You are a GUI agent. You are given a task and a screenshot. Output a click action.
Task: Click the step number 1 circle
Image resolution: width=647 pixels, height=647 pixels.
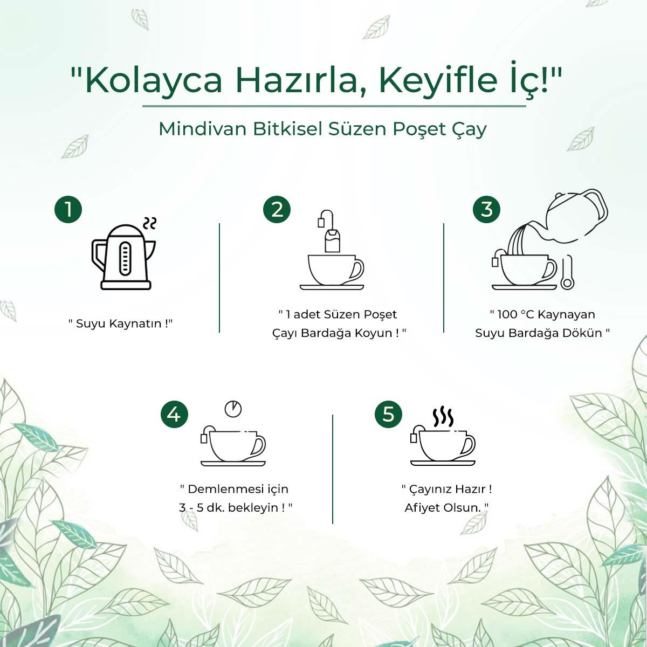68,209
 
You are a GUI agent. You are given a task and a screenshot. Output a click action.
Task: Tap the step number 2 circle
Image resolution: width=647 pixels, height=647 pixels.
277,209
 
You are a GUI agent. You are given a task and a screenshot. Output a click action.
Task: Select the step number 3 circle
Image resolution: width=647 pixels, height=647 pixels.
486,209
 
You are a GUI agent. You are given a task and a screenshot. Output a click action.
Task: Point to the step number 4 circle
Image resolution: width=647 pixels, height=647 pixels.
174,415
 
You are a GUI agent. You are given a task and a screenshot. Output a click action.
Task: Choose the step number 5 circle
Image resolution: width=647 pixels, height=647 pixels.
388,415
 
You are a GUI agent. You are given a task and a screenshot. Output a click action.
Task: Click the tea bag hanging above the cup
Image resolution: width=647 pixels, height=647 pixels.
332,240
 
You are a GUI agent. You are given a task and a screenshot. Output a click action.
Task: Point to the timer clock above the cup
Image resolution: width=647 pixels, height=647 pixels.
233,408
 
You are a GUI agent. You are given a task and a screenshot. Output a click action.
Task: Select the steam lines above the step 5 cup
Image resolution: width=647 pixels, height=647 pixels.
443,417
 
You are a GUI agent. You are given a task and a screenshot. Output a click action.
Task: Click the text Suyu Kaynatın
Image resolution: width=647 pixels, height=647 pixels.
120,323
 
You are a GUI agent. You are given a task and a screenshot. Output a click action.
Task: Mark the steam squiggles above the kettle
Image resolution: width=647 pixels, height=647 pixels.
149,223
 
